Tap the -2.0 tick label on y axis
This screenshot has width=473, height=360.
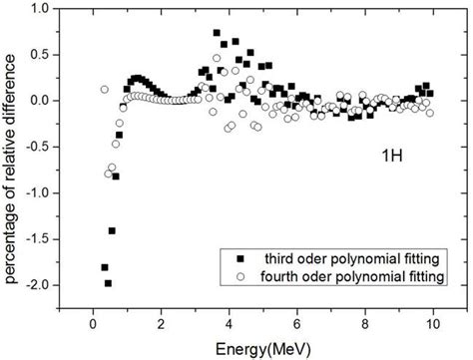pos(41,285)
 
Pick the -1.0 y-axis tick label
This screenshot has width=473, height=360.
pos(41,193)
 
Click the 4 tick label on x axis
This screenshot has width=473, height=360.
pos(230,325)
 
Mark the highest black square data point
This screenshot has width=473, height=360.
pos(217,33)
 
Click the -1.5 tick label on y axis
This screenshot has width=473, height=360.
pos(41,239)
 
